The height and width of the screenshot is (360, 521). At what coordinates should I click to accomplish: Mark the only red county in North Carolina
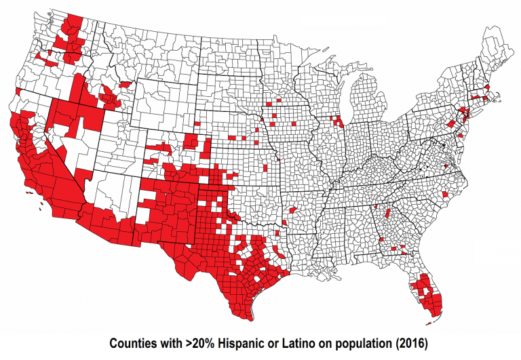pyautogui.click(x=444, y=195)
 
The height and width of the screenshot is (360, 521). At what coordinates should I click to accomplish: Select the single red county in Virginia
pyautogui.click(x=446, y=166)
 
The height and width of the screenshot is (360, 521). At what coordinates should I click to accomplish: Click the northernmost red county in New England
pyautogui.click(x=488, y=88)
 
